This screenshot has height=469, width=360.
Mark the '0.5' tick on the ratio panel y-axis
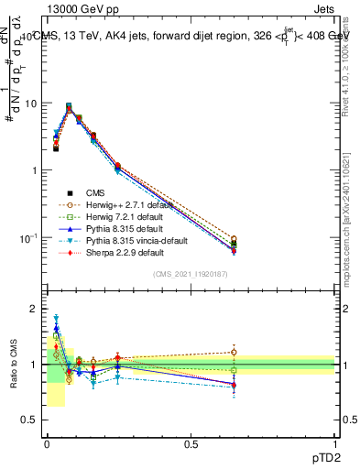pyautogui.click(x=31, y=420)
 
